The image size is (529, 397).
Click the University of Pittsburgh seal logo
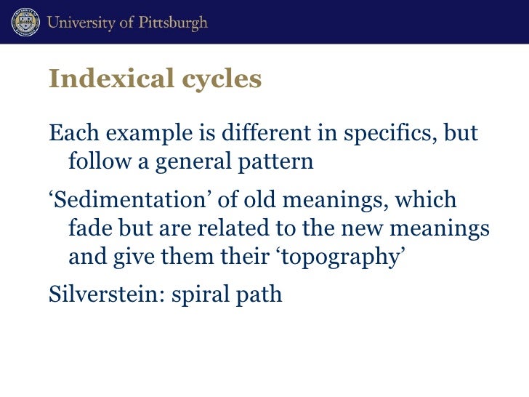[26, 23]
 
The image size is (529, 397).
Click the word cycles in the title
[220, 79]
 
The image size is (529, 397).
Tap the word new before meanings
[373, 229]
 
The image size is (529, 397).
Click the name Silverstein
[101, 295]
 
